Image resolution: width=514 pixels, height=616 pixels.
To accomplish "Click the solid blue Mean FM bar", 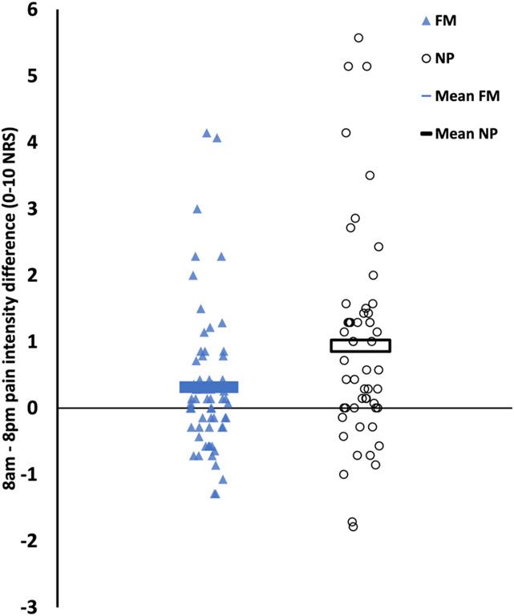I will (x=208, y=387).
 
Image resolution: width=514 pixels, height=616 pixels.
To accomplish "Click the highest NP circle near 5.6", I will (x=358, y=38).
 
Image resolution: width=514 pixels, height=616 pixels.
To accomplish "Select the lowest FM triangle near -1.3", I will (x=215, y=493).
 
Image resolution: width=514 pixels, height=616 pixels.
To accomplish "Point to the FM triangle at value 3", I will (x=197, y=209).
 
